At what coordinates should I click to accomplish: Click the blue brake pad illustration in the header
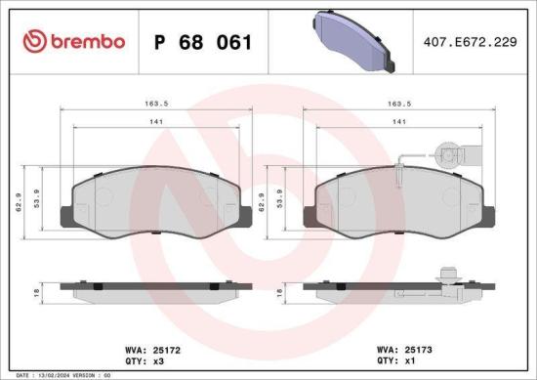point(354,40)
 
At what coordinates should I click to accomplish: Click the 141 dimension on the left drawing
point(156,122)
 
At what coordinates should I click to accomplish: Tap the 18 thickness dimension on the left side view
point(37,292)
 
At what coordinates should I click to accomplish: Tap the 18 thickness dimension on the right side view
point(280,292)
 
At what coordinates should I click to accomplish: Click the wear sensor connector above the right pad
point(448,152)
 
